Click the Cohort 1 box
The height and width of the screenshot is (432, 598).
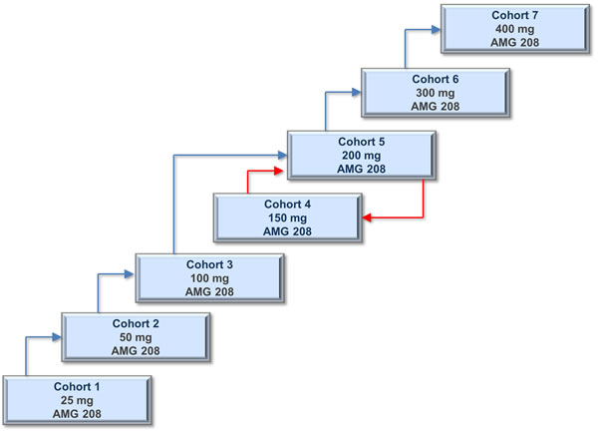[78, 399]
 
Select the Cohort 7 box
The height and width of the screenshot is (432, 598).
[514, 29]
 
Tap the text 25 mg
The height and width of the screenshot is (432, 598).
[78, 399]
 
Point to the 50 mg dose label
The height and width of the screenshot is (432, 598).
[135, 337]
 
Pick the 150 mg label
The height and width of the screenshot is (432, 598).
[287, 217]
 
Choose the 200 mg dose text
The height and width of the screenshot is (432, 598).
[360, 155]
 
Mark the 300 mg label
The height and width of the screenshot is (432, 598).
[434, 92]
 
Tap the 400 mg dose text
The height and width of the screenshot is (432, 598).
[514, 29]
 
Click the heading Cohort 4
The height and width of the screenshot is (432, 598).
[287, 204]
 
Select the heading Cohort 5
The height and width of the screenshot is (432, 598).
[360, 141]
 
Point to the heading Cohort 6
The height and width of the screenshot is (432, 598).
[434, 78]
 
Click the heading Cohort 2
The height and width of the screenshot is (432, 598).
[135, 323]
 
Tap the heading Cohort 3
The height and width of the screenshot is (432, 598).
[209, 262]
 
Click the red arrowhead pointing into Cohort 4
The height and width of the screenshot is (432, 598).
[367, 216]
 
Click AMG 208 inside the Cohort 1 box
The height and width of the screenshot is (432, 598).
[78, 413]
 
